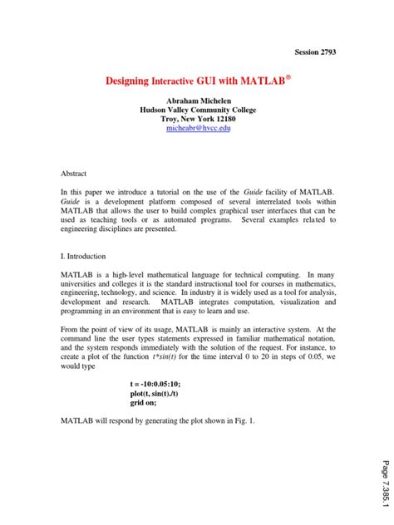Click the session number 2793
326,52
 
